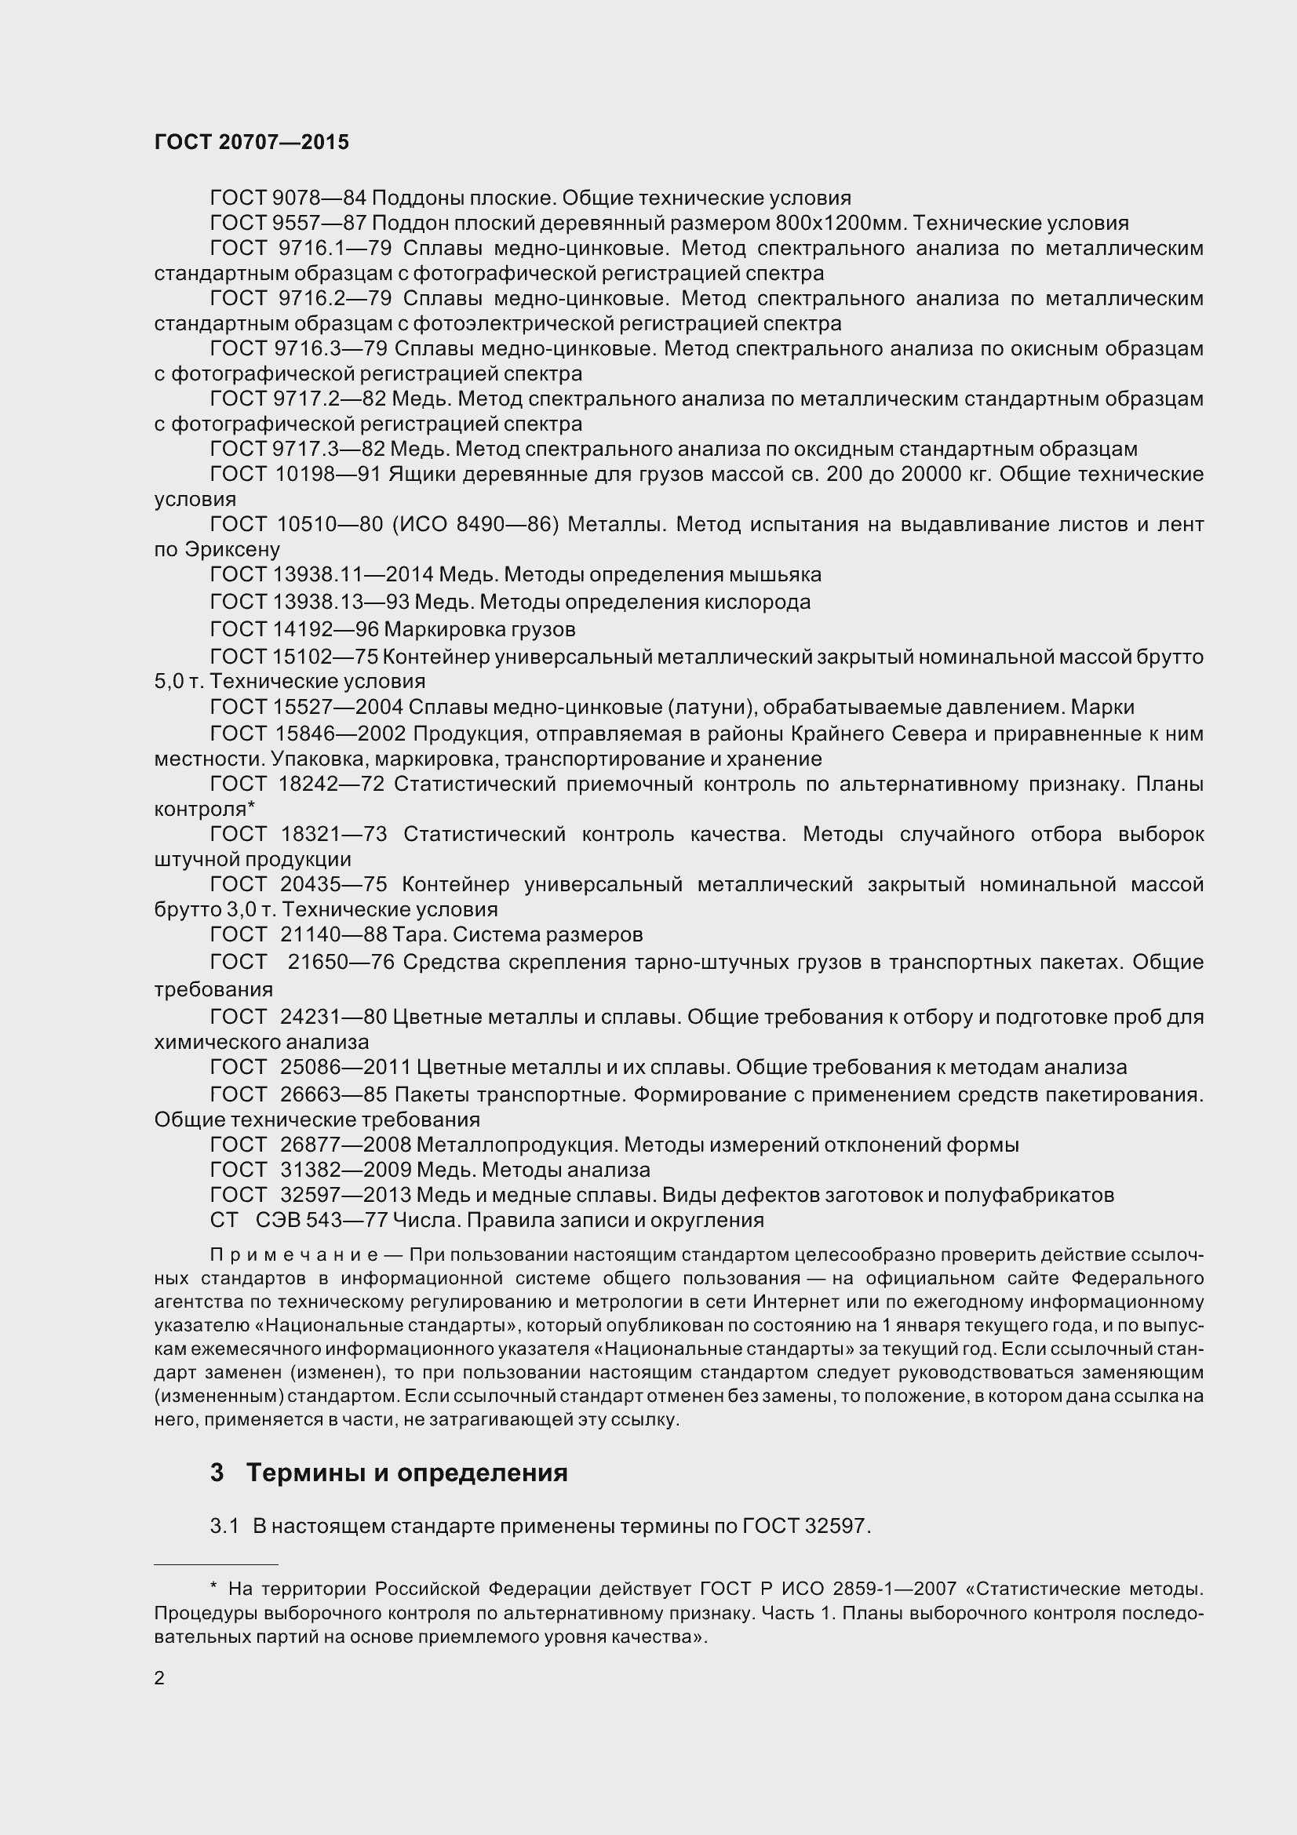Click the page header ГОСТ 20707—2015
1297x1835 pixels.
[252, 142]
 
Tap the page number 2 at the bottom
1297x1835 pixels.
[159, 1677]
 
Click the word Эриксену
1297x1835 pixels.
[232, 550]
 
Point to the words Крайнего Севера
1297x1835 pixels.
[879, 734]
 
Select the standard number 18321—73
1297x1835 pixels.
[333, 835]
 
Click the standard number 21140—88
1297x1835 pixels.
[334, 934]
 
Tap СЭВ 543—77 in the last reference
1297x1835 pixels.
[321, 1221]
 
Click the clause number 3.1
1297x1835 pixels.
[224, 1526]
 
